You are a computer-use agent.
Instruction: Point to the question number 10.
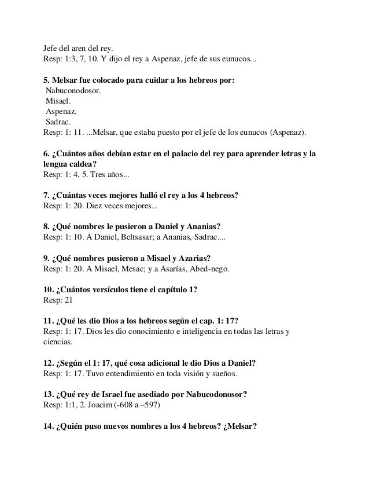49,290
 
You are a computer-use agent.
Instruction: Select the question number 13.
49,395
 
